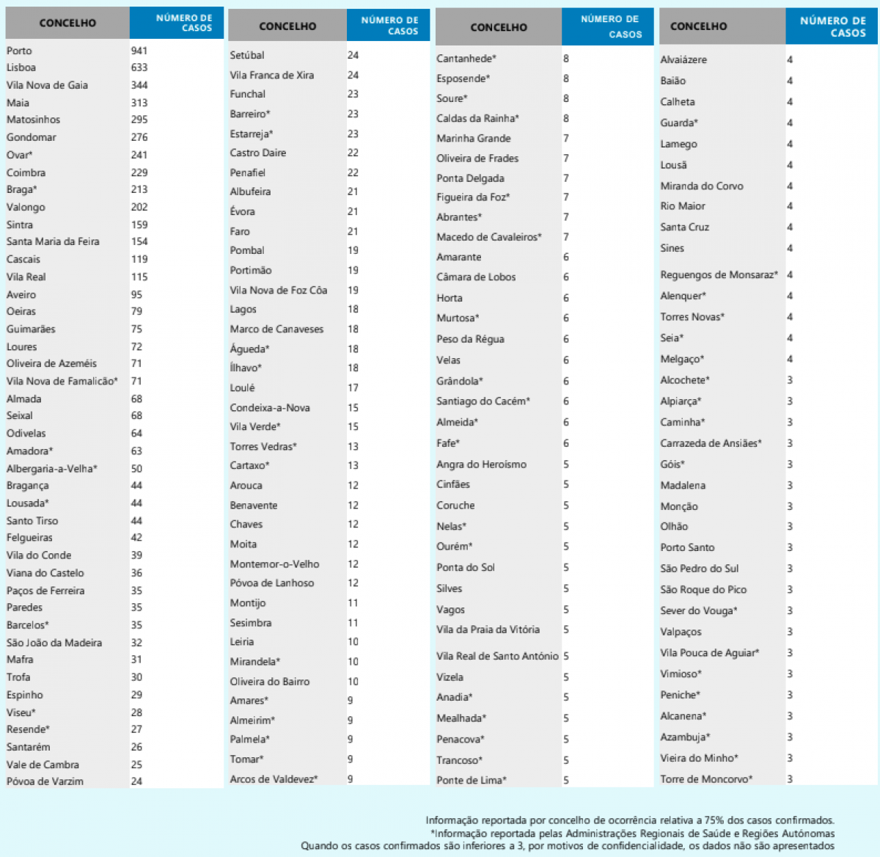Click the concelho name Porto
point(20,51)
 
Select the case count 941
point(139,51)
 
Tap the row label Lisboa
point(21,68)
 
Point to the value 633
point(139,68)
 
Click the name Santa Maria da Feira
point(53,241)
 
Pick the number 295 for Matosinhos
point(139,120)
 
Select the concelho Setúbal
point(247,55)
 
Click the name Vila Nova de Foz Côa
point(279,290)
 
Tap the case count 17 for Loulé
point(353,387)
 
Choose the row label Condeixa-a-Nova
point(270,408)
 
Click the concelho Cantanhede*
point(466,59)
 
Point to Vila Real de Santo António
point(497,656)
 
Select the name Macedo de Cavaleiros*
point(489,237)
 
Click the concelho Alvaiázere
point(683,59)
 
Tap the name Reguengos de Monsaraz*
point(719,274)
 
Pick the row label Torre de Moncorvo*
point(706,779)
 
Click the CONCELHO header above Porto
point(67,23)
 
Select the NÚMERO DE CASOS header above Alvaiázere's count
point(833,26)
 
